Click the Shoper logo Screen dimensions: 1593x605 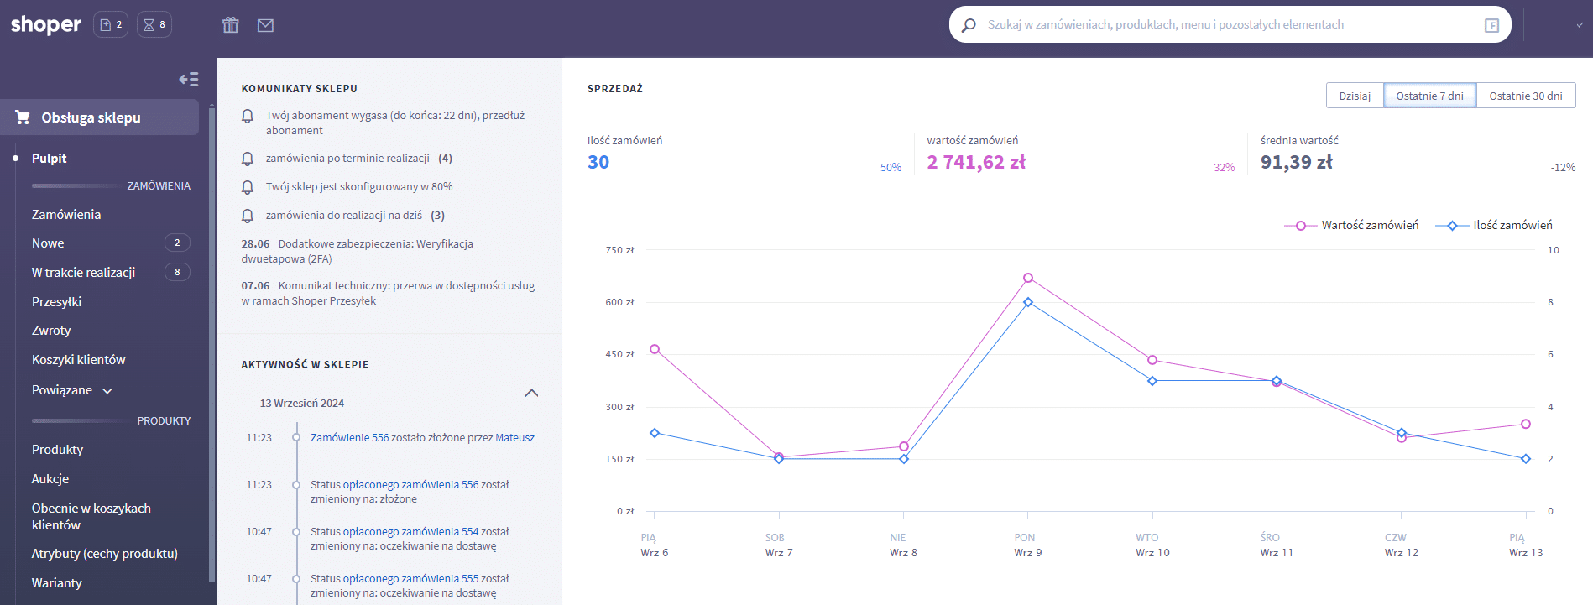pyautogui.click(x=46, y=24)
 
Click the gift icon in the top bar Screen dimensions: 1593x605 pyautogui.click(x=231, y=25)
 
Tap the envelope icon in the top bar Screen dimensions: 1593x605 pyautogui.click(x=265, y=25)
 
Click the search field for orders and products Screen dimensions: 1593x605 pyautogui.click(x=1230, y=24)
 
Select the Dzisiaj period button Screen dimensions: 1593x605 pyautogui.click(x=1355, y=96)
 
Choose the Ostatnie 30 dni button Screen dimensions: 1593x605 pyautogui.click(x=1526, y=96)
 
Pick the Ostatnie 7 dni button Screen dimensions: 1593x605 pyautogui.click(x=1429, y=96)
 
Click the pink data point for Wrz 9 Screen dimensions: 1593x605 pyautogui.click(x=1028, y=278)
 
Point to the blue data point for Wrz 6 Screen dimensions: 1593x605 pyautogui.click(x=655, y=433)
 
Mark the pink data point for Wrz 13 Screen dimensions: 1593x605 pyautogui.click(x=1526, y=424)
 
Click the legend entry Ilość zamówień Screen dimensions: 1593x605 pyautogui.click(x=1494, y=225)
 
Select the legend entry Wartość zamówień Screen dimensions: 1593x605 pyautogui.click(x=1351, y=225)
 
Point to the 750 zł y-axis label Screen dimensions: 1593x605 pyautogui.click(x=619, y=250)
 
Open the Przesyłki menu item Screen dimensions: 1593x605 pyautogui.click(x=56, y=301)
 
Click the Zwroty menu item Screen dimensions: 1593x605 pyautogui.click(x=51, y=331)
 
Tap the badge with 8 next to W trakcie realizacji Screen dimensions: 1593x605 pyautogui.click(x=177, y=272)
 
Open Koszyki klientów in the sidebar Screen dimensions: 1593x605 pyautogui.click(x=78, y=359)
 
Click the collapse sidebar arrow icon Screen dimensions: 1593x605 pyautogui.click(x=189, y=79)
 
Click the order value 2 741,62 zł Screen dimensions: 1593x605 pyautogui.click(x=976, y=162)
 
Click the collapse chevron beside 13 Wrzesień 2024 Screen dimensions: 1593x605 pyautogui.click(x=531, y=393)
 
